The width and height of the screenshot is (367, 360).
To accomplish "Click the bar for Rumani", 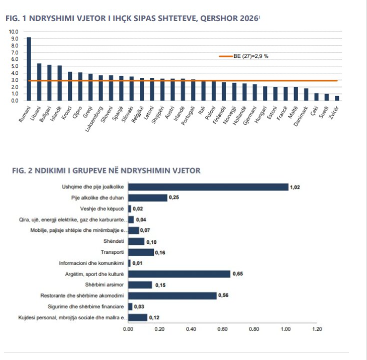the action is (29, 69).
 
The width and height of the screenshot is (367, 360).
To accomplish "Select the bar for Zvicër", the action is (337, 99).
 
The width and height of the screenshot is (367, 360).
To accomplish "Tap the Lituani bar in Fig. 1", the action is (39, 82).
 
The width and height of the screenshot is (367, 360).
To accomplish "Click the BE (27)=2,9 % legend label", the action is (251, 56).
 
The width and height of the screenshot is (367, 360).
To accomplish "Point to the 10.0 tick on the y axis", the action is (14, 32).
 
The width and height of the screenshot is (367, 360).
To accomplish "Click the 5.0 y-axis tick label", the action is (15, 66).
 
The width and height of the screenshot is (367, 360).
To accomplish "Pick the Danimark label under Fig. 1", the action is (301, 116).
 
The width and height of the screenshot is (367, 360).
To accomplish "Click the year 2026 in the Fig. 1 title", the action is (249, 18).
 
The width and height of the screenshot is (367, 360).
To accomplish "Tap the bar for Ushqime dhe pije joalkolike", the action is (208, 187).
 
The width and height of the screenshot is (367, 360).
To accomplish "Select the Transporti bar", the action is (141, 252).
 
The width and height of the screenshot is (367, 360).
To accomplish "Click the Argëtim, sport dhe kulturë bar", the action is (179, 274).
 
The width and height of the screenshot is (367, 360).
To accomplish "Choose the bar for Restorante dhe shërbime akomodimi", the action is (172, 296).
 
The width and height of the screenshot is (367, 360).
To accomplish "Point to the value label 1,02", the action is (295, 187).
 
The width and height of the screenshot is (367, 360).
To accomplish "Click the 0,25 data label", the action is (174, 198).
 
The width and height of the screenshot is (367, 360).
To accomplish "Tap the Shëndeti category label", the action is (114, 241).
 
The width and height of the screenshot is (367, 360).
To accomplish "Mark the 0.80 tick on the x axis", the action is (254, 329).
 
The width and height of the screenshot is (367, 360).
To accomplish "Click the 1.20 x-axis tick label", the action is (317, 329).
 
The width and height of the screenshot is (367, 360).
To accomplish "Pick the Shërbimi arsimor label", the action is (105, 285).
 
